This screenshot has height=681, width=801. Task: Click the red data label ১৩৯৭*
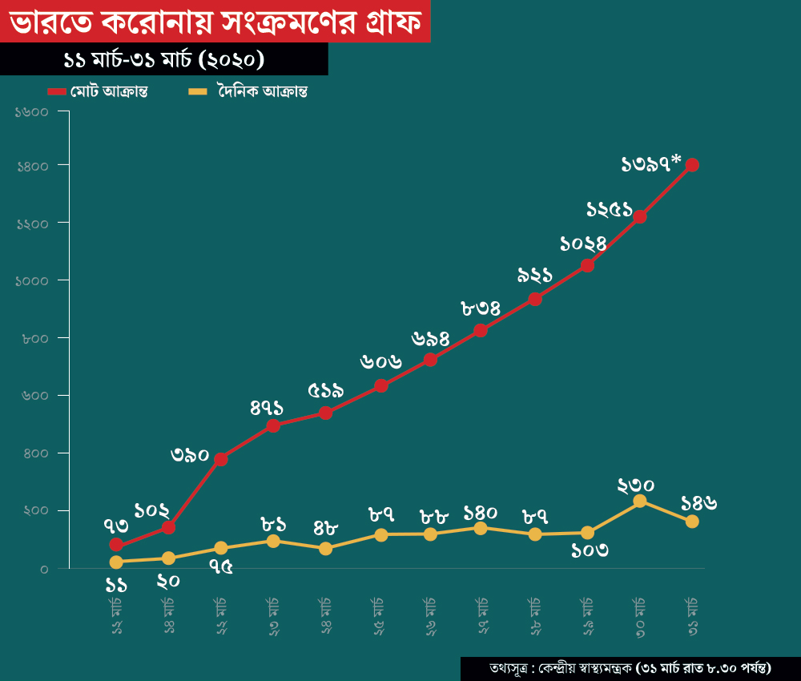pos(651,164)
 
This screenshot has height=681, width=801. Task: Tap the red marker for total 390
pos(221,459)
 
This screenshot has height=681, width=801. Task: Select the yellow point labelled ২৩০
pos(640,501)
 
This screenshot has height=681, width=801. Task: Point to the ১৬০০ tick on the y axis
pos(33,111)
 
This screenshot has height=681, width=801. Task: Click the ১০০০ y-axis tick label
pos(33,280)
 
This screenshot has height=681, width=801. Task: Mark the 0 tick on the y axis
pos(44,569)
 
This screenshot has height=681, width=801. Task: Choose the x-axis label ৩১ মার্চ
pos(693,616)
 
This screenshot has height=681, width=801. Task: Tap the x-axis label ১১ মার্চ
pos(117,616)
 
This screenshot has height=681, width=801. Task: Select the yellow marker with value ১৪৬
pos(692,522)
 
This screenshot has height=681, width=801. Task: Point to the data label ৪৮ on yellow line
pos(326,529)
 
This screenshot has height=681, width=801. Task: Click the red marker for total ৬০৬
pos(381,385)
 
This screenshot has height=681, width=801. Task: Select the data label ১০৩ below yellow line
pos(590,550)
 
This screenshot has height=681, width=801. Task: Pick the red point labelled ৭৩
pos(117,545)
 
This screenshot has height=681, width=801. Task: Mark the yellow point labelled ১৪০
pos(481,528)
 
